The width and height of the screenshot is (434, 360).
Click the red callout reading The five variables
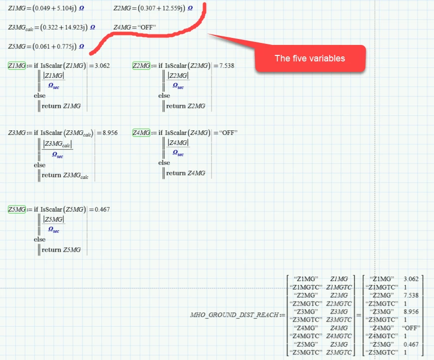pyautogui.click(x=309, y=58)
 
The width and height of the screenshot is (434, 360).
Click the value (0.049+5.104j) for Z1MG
pyautogui.click(x=52, y=8)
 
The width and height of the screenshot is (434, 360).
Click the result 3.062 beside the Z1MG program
pyautogui.click(x=102, y=65)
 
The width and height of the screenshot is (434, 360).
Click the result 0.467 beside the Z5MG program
pyautogui.click(x=102, y=209)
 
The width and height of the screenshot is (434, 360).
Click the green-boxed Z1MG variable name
pyautogui.click(x=17, y=65)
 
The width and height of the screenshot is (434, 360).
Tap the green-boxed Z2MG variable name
pyautogui.click(x=141, y=65)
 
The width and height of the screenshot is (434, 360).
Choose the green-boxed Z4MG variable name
pyautogui.click(x=141, y=132)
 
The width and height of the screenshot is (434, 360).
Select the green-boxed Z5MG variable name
pyautogui.click(x=17, y=209)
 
